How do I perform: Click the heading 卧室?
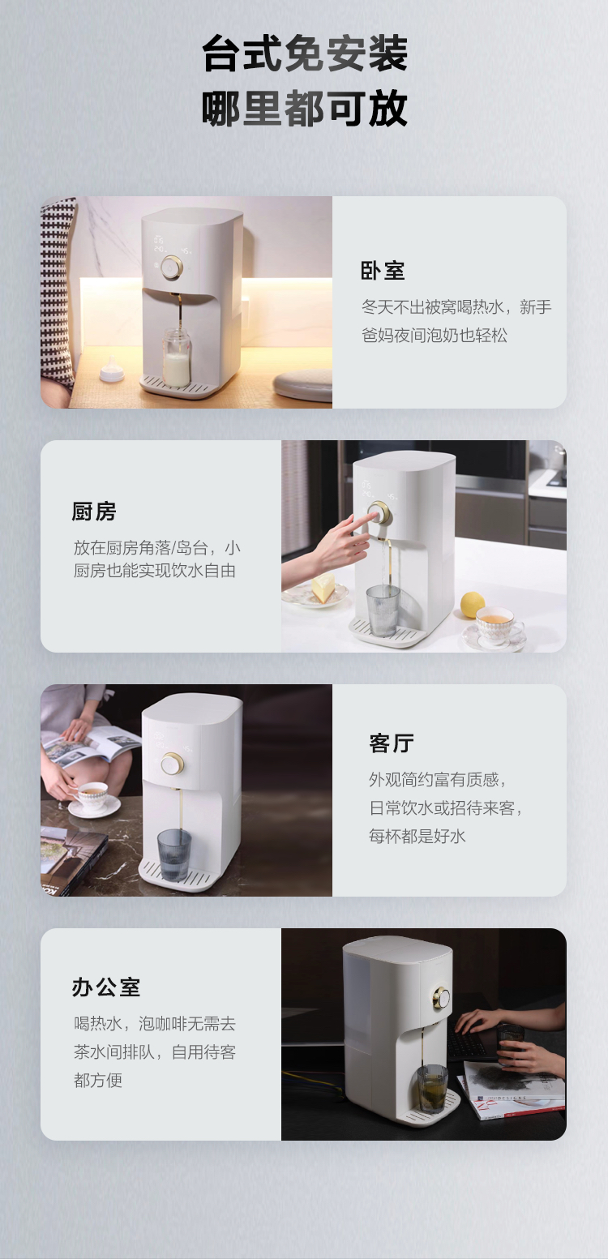tap(382, 271)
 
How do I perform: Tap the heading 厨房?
tap(94, 512)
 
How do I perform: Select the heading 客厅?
tap(392, 743)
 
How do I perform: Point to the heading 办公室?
tap(105, 987)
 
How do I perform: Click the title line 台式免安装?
tap(305, 54)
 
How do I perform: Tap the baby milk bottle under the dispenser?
tap(177, 358)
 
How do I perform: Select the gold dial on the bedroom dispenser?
tap(171, 268)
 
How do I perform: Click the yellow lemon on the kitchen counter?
tap(472, 605)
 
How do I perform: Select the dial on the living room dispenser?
tap(172, 764)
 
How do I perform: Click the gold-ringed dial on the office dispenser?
tap(442, 998)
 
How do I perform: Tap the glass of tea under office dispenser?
tap(432, 1089)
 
